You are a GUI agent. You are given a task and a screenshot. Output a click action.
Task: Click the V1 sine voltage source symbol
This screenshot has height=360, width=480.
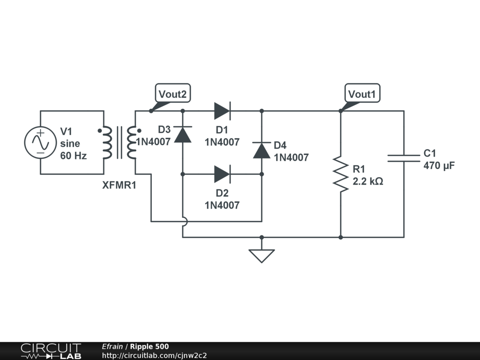(40, 142)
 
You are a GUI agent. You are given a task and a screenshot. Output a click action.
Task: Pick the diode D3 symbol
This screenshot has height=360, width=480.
(183, 135)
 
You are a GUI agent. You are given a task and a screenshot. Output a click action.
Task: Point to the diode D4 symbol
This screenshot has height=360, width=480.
(262, 150)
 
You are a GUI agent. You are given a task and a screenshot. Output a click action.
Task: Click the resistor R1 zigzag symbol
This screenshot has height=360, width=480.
(341, 174)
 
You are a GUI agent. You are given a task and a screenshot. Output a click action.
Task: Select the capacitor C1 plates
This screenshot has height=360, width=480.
(404, 158)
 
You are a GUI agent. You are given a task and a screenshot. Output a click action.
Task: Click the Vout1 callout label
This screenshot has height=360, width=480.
(362, 93)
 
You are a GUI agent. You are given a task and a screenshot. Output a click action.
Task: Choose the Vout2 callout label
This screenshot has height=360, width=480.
(172, 93)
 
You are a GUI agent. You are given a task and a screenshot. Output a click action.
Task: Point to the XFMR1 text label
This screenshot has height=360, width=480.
(119, 185)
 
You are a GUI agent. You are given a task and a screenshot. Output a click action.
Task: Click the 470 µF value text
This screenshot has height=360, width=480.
(439, 165)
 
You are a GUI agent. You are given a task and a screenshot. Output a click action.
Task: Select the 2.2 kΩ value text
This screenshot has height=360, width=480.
(367, 181)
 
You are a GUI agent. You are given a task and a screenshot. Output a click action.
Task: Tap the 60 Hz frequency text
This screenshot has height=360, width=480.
(74, 156)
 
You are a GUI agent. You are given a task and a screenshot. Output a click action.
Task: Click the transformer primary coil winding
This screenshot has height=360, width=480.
(107, 142)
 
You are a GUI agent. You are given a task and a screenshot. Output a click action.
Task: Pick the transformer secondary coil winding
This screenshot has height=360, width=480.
(132, 142)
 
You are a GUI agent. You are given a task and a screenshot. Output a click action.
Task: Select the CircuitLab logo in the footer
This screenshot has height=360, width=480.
(51, 351)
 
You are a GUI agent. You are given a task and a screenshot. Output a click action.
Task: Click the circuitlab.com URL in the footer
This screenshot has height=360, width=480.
(154, 355)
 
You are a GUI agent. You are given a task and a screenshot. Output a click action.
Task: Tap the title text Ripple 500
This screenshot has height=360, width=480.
(150, 346)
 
